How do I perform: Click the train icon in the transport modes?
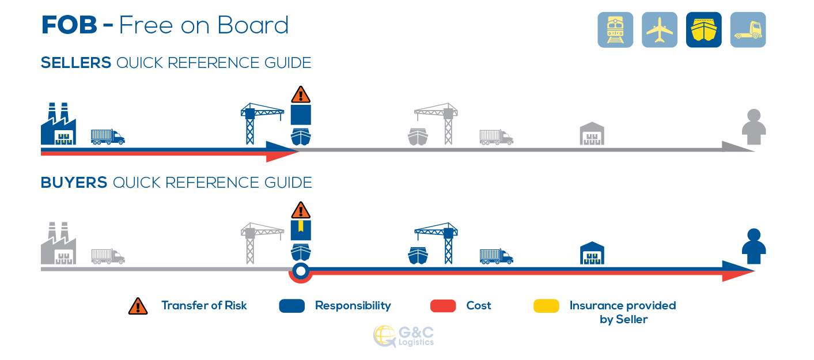click(615, 29)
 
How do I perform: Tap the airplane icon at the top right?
click(660, 29)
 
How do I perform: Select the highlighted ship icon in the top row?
click(704, 29)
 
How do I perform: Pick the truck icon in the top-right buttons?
click(748, 29)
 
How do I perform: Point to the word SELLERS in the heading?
click(75, 63)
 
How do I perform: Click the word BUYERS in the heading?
click(74, 183)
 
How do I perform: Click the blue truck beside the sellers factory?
click(108, 137)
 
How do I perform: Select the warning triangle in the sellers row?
click(301, 94)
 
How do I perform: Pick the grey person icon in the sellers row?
click(754, 127)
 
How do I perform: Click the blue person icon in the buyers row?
click(754, 247)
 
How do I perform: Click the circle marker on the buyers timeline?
click(301, 271)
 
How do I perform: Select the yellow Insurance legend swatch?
click(546, 306)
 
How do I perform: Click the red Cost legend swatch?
click(443, 306)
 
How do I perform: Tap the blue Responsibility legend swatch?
click(292, 306)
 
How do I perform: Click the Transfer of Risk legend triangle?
click(138, 306)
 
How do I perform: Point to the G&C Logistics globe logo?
click(384, 336)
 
